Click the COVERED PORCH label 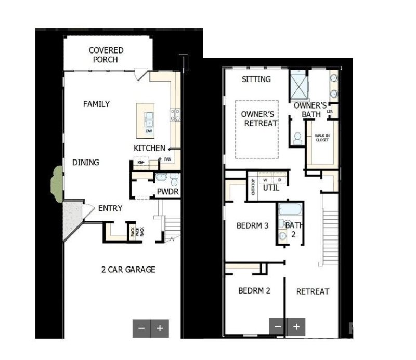(x=106, y=55)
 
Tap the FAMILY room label (x=96, y=104)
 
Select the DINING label (x=85, y=163)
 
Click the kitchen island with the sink (x=145, y=120)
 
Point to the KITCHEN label (x=149, y=149)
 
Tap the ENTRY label (x=110, y=208)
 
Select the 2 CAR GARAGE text (x=128, y=270)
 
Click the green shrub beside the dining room (x=56, y=182)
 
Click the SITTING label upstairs (x=256, y=79)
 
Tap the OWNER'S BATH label (x=310, y=110)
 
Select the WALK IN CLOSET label (x=321, y=138)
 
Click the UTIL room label (x=271, y=188)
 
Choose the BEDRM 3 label (x=252, y=225)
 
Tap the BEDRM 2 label (x=254, y=291)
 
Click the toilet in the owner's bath (x=298, y=138)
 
